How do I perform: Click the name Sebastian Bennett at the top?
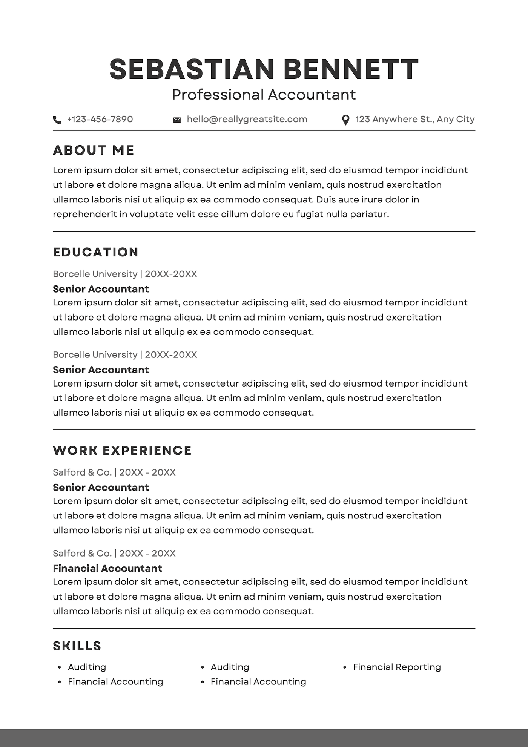264,69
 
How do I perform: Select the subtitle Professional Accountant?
264,95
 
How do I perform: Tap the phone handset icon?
57,120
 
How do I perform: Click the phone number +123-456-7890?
100,119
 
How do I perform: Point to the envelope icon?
177,120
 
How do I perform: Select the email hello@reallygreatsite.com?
247,119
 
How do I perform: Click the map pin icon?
345,120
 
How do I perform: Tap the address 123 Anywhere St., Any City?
415,119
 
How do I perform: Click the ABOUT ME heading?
94,150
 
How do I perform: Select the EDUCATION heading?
96,252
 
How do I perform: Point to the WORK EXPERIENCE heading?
122,451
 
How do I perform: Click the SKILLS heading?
77,646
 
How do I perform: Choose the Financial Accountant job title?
107,568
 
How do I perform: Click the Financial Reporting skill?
397,667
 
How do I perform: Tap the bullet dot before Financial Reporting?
345,667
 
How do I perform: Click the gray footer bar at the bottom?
264,738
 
